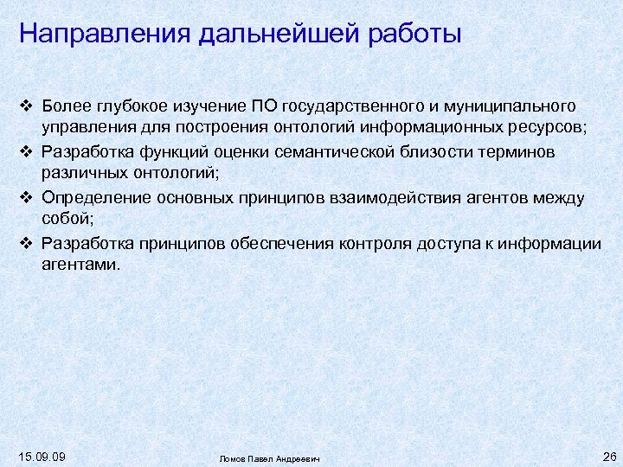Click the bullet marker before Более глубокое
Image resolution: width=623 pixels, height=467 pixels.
coord(26,106)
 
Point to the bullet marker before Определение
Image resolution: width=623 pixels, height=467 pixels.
coord(26,198)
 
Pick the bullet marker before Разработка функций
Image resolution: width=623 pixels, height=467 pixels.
coord(26,152)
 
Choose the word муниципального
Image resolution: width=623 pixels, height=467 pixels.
coord(509,106)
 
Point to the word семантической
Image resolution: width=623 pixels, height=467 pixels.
coord(330,152)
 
